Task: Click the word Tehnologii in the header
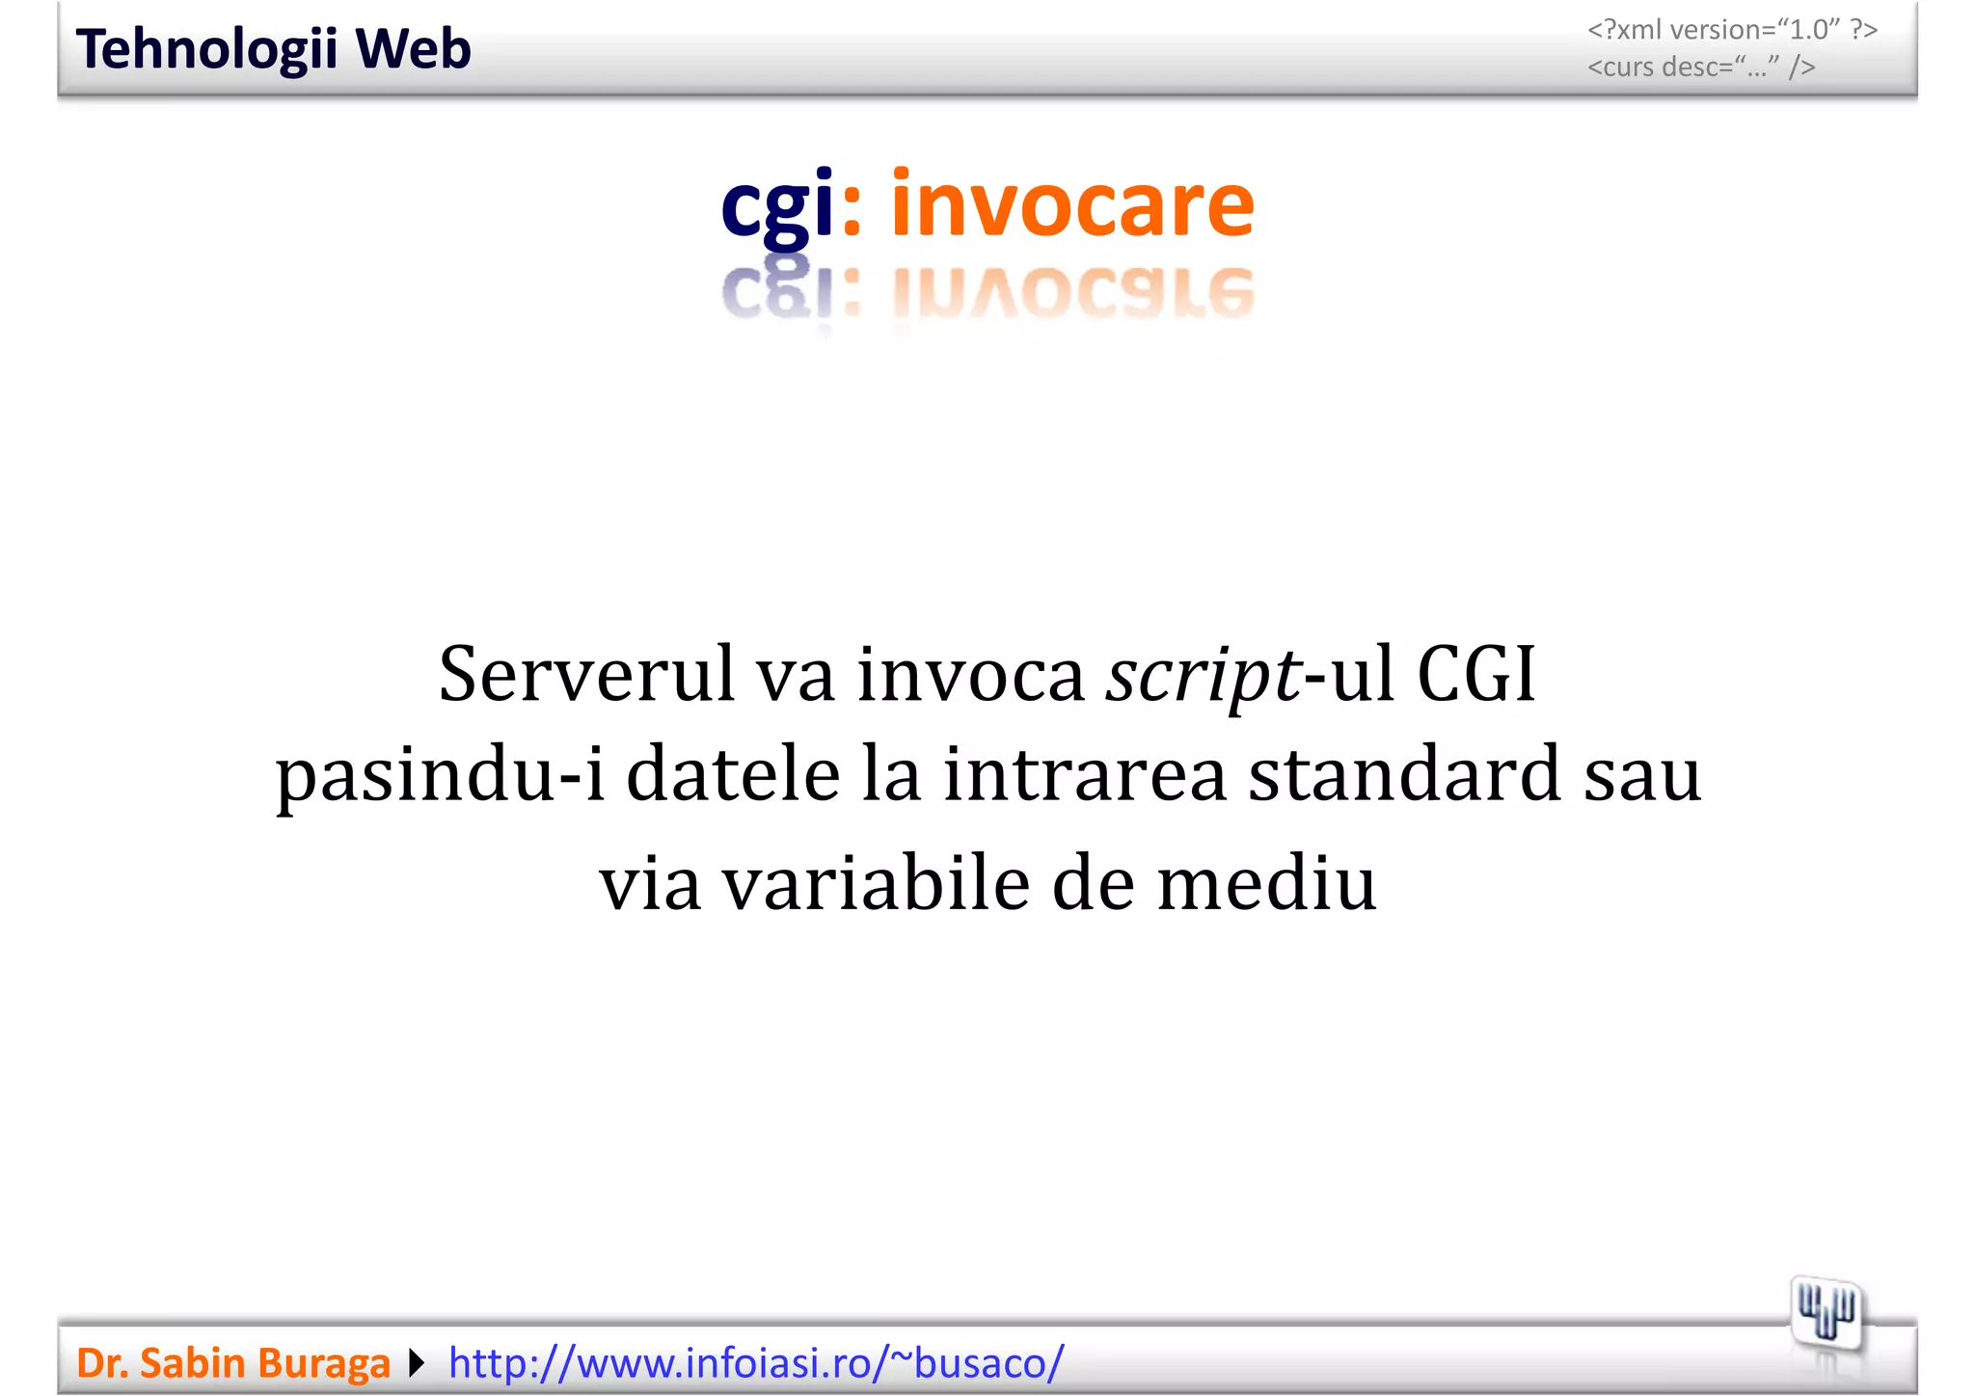pyautogui.click(x=206, y=50)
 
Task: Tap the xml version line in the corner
pyautogui.click(x=1732, y=30)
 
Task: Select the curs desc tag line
pyautogui.click(x=1701, y=67)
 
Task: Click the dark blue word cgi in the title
pyautogui.click(x=777, y=205)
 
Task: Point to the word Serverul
pyautogui.click(x=586, y=673)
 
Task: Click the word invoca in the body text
pyautogui.click(x=971, y=673)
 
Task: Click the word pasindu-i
pyautogui.click(x=440, y=775)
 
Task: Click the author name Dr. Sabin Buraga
pyautogui.click(x=232, y=1362)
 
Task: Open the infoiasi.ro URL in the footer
pyautogui.click(x=756, y=1362)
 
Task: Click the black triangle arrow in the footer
pyautogui.click(x=417, y=1362)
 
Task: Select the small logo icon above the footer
pyautogui.click(x=1826, y=1313)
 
